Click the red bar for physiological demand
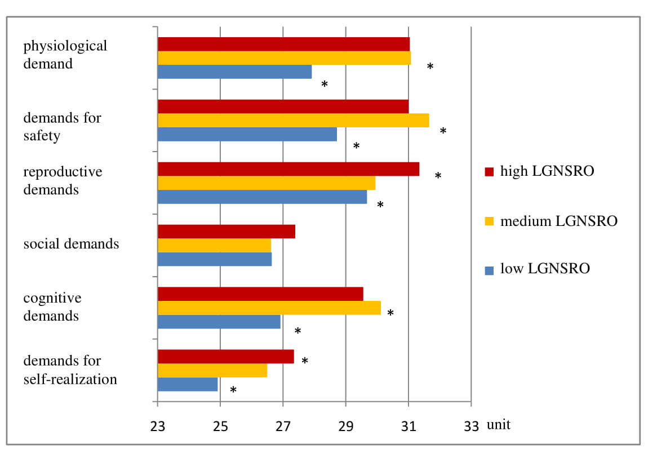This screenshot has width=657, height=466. (x=283, y=44)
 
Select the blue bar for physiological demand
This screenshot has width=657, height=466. (x=234, y=72)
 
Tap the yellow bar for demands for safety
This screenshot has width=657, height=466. (x=293, y=121)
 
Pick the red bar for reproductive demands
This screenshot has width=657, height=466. (x=288, y=169)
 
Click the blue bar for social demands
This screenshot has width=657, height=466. (x=215, y=259)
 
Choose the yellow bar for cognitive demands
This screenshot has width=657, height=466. (x=269, y=308)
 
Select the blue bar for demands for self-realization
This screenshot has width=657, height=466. (x=188, y=384)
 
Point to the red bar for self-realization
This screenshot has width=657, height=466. (x=226, y=357)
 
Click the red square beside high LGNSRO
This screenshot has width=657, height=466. (x=489, y=171)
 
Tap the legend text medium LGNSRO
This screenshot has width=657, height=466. (x=558, y=221)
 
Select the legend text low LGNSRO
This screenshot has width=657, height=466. (x=545, y=269)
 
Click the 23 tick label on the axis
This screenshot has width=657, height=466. (x=157, y=426)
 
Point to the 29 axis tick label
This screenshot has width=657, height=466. (x=346, y=426)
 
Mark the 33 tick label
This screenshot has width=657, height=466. (x=471, y=426)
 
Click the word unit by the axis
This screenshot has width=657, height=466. (x=499, y=424)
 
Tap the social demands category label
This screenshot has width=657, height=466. (x=71, y=244)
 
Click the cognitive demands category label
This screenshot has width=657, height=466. (x=52, y=307)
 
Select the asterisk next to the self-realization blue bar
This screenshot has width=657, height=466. (x=233, y=390)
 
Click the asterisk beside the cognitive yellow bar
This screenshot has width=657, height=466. (x=390, y=313)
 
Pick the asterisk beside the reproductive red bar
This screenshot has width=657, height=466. (x=438, y=176)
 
